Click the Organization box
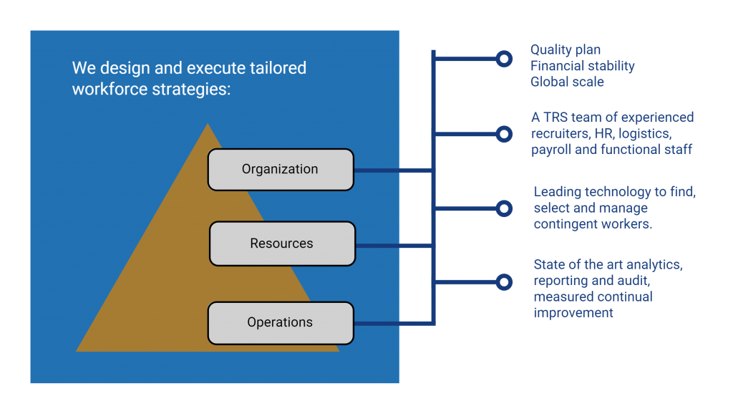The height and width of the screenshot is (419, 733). click(x=281, y=170)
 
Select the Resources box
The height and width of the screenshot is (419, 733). click(x=282, y=244)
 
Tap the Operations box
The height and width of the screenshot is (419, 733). click(x=281, y=323)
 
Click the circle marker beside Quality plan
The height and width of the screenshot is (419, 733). click(x=504, y=59)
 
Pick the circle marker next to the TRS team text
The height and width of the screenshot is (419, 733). click(x=504, y=134)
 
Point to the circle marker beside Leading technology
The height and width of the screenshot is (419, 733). click(x=504, y=208)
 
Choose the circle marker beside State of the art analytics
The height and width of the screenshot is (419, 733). click(x=504, y=282)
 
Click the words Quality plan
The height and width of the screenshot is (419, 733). click(x=565, y=50)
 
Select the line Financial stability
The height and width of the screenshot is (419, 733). click(x=583, y=66)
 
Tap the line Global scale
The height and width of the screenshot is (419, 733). click(x=567, y=82)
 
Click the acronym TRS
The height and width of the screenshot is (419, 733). click(x=555, y=117)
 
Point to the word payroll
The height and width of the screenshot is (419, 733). click(x=551, y=150)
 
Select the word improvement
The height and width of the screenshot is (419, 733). click(x=573, y=313)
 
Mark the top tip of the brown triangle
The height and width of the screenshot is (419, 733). click(x=208, y=123)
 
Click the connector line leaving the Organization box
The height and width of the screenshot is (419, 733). click(x=394, y=170)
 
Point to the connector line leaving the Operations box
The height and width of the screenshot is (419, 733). click(x=394, y=323)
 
